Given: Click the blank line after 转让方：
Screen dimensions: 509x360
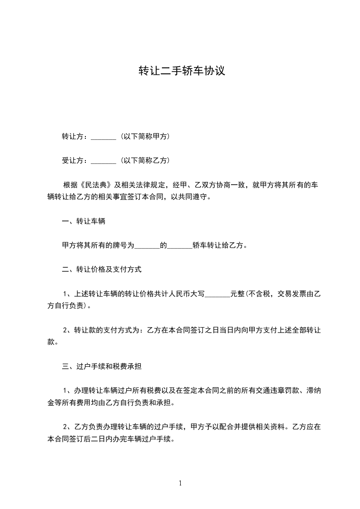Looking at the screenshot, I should tap(104, 137).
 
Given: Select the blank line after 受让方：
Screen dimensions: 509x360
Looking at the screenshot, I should tap(104, 161).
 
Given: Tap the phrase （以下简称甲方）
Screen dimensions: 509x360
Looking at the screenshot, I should tap(145, 137).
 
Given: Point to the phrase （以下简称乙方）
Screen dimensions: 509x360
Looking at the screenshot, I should tap(145, 161).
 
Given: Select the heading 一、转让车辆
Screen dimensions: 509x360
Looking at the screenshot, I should tap(84, 222).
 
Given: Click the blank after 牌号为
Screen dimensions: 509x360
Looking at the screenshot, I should tap(148, 246).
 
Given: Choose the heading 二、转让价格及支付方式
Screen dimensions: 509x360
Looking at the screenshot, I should tap(102, 269).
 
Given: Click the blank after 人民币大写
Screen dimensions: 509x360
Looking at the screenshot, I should tap(218, 294).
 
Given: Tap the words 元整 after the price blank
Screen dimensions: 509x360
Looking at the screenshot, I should tap(237, 294).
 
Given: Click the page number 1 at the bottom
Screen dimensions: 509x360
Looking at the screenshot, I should tap(180, 483).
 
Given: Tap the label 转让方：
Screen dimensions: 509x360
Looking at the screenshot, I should tap(76, 137).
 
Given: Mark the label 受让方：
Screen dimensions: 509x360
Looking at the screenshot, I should tap(76, 161).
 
